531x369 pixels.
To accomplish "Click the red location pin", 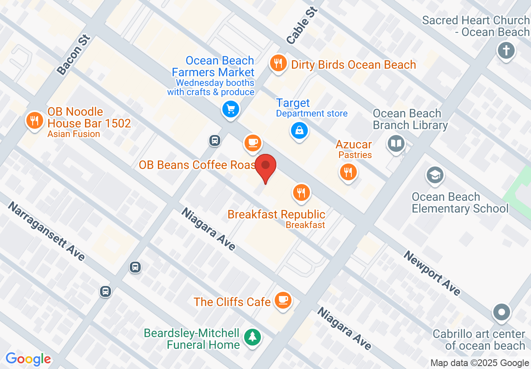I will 265,166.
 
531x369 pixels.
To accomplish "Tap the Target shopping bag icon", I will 299,130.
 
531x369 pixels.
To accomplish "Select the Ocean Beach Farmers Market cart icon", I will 230,109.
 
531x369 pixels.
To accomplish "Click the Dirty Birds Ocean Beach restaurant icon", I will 278,64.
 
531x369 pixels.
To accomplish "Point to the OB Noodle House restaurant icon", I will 35,121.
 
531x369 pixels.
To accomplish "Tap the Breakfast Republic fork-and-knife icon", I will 301,192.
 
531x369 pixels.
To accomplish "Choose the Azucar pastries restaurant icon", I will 348,172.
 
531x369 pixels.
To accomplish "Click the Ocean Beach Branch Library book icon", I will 396,143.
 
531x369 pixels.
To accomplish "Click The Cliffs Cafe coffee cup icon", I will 283,300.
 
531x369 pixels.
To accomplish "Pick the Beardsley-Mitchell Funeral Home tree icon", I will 252,337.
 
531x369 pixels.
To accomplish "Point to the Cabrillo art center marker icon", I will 502,312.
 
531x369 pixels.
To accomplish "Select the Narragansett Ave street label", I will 46,231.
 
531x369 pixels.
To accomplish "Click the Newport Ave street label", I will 433,273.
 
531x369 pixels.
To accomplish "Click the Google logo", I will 28,359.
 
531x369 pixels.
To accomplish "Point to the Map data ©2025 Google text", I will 480,363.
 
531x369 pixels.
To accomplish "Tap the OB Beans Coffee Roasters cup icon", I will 253,143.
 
